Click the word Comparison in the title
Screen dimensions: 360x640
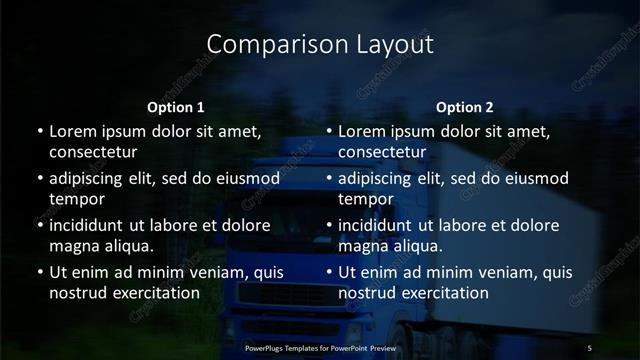click(x=268, y=45)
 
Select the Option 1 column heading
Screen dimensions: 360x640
click(x=176, y=107)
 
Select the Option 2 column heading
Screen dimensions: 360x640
click(x=465, y=107)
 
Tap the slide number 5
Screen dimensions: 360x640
click(x=590, y=347)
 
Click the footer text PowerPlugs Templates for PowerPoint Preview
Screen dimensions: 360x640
click(x=320, y=347)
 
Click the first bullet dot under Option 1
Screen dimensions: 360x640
click(x=39, y=132)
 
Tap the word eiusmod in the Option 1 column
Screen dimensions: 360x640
click(x=248, y=179)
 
